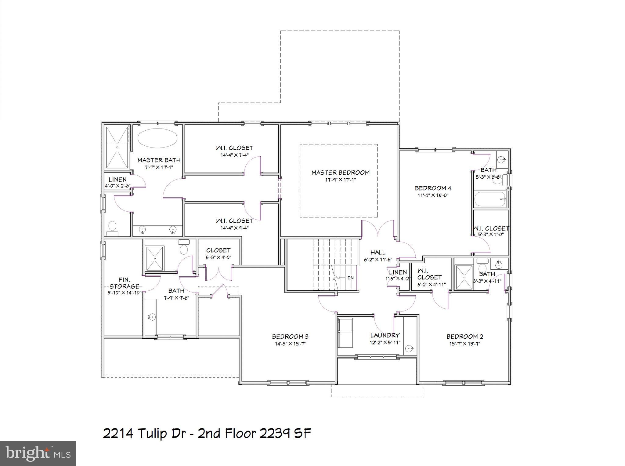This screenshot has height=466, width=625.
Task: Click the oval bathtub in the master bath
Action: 157,138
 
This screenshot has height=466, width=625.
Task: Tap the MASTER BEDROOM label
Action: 340,173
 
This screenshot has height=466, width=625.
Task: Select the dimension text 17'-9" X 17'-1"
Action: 340,180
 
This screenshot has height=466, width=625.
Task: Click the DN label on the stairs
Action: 350,278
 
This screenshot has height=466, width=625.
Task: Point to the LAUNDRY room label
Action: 385,335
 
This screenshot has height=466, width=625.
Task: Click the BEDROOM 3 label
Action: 290,337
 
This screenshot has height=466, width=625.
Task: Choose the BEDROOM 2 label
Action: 464,337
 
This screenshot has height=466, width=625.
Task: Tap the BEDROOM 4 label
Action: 433,188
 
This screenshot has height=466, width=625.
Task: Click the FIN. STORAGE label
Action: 124,283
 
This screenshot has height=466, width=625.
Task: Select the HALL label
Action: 378,253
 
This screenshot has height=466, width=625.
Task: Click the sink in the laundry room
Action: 410,348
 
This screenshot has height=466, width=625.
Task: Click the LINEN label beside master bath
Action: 117,180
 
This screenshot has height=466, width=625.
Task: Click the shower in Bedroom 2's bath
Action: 464,277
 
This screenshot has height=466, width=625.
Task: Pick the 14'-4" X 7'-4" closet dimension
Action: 234,155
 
